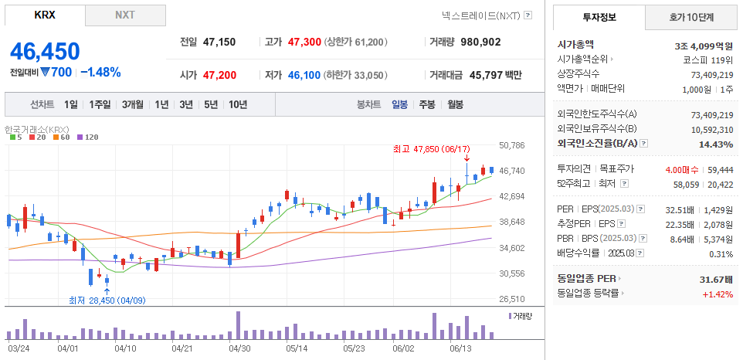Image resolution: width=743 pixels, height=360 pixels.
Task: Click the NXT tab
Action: click(x=124, y=15)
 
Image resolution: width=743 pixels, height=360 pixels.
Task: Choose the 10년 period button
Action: click(x=238, y=104)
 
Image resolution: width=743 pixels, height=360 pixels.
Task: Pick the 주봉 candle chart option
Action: click(x=427, y=104)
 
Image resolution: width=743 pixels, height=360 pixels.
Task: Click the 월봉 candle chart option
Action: click(x=455, y=104)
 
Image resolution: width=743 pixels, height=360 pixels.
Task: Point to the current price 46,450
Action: click(x=45, y=52)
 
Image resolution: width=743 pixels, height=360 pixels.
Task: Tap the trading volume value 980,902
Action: click(x=490, y=42)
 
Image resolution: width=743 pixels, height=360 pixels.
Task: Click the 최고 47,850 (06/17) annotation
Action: click(x=431, y=148)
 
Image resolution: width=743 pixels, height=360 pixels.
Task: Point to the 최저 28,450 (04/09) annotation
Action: click(x=107, y=301)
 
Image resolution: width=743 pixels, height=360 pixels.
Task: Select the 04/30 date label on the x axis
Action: click(x=239, y=348)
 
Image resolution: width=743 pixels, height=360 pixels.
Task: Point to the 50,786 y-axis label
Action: click(x=512, y=144)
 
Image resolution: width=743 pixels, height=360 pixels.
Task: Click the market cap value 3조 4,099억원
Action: click(x=704, y=45)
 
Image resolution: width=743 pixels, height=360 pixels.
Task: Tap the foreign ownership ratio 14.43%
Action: click(x=716, y=144)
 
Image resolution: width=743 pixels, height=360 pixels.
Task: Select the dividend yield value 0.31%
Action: click(x=721, y=254)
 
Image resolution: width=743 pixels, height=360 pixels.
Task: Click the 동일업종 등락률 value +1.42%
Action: click(x=718, y=294)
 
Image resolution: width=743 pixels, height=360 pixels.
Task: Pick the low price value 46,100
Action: click(x=304, y=75)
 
